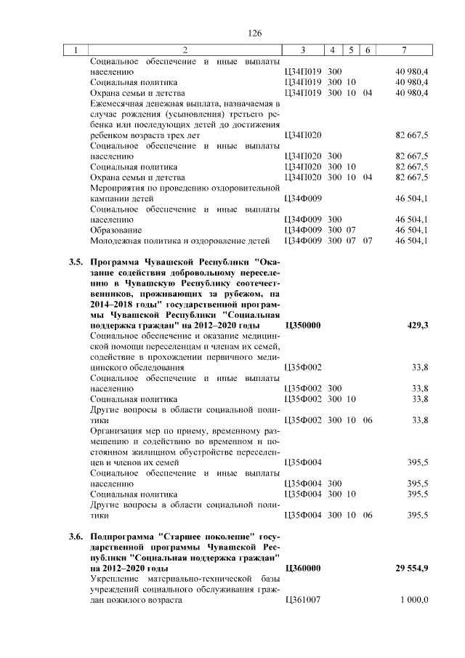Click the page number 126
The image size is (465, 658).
(x=254, y=34)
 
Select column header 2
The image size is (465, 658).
(x=185, y=50)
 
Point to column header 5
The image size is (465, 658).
(x=351, y=50)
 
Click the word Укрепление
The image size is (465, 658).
(x=116, y=579)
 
